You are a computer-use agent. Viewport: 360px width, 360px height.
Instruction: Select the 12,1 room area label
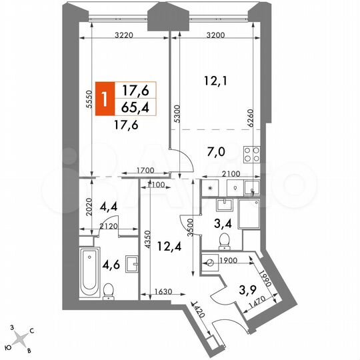click(x=213, y=82)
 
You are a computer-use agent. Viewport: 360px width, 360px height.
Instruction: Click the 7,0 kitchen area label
click(x=215, y=153)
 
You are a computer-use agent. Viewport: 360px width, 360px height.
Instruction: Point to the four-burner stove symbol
click(x=252, y=155)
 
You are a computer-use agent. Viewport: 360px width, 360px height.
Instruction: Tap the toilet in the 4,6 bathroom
click(x=109, y=291)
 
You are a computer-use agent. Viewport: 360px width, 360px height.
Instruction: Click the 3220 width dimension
click(x=126, y=35)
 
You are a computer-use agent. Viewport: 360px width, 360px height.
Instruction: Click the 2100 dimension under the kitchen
click(x=229, y=173)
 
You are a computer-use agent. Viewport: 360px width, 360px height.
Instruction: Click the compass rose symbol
click(x=20, y=338)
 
